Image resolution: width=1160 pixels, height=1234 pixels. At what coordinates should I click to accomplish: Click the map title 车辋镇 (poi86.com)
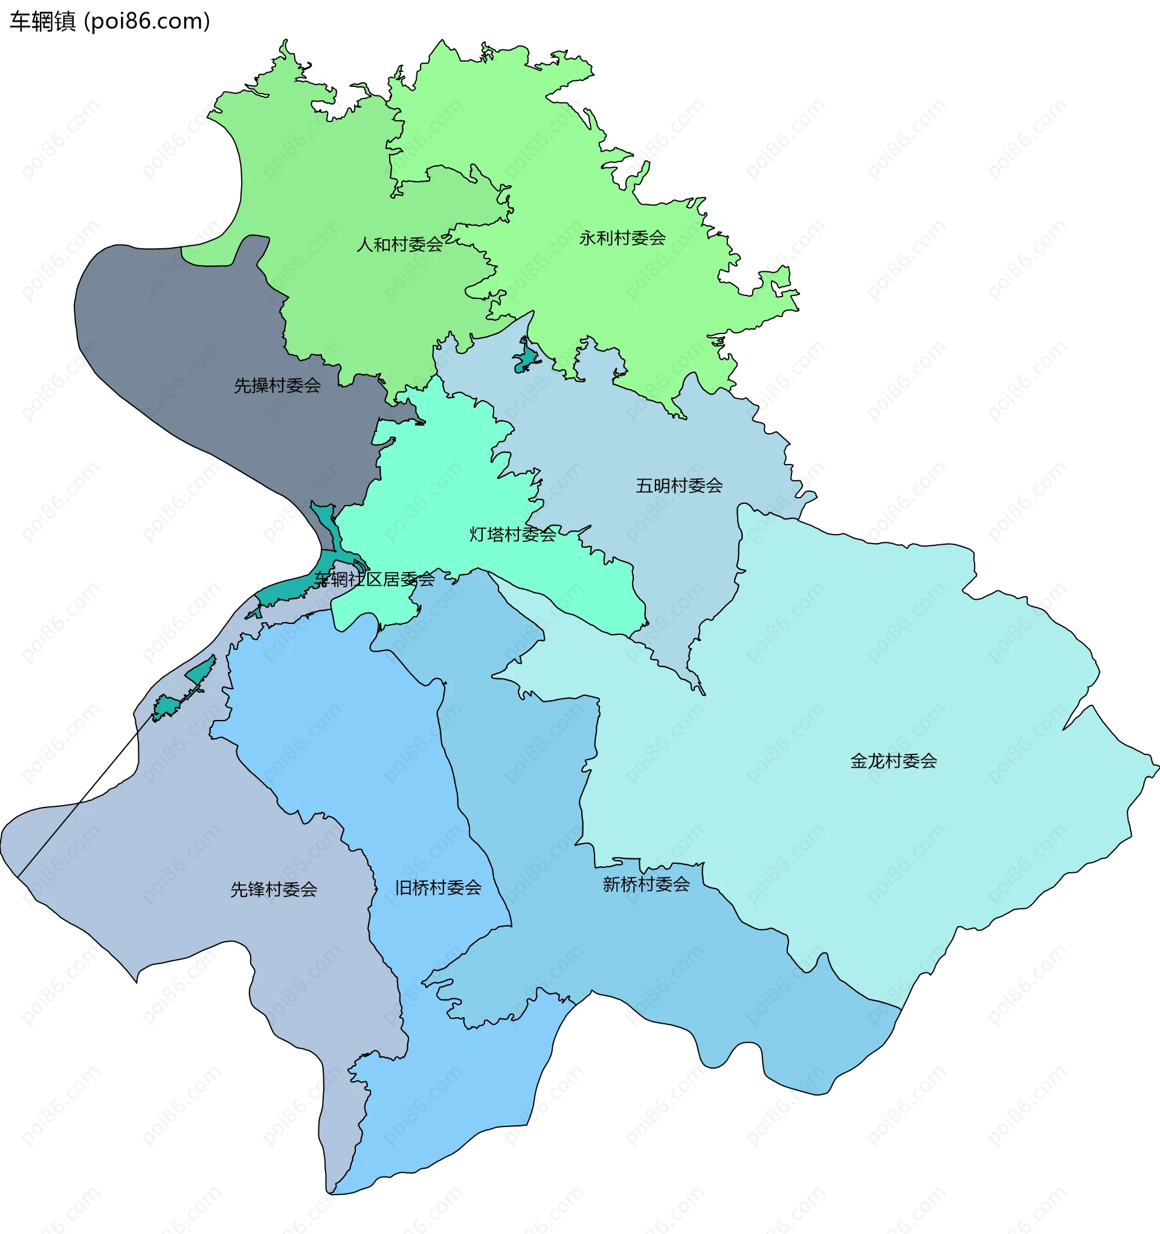(x=110, y=22)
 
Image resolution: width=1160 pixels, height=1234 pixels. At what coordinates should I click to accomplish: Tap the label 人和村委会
(x=399, y=245)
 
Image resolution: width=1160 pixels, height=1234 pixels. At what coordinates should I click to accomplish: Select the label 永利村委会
(x=622, y=238)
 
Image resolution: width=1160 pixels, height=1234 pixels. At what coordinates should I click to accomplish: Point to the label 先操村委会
(x=277, y=385)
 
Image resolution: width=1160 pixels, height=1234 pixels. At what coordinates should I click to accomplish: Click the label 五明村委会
(x=678, y=486)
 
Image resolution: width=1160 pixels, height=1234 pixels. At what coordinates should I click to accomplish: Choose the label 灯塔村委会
(x=512, y=535)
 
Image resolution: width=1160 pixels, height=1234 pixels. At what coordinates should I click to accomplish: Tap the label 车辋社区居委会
(x=374, y=579)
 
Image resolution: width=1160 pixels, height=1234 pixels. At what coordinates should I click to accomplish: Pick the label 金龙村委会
(x=893, y=761)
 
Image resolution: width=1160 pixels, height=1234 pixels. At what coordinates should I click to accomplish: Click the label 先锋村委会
(x=274, y=890)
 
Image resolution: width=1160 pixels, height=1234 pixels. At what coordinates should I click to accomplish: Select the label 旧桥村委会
(x=439, y=888)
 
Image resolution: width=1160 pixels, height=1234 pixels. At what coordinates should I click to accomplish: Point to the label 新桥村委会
(x=646, y=884)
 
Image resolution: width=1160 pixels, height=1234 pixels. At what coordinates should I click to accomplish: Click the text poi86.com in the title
(x=147, y=22)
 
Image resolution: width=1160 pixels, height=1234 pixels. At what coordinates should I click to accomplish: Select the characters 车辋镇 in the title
(x=42, y=22)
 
